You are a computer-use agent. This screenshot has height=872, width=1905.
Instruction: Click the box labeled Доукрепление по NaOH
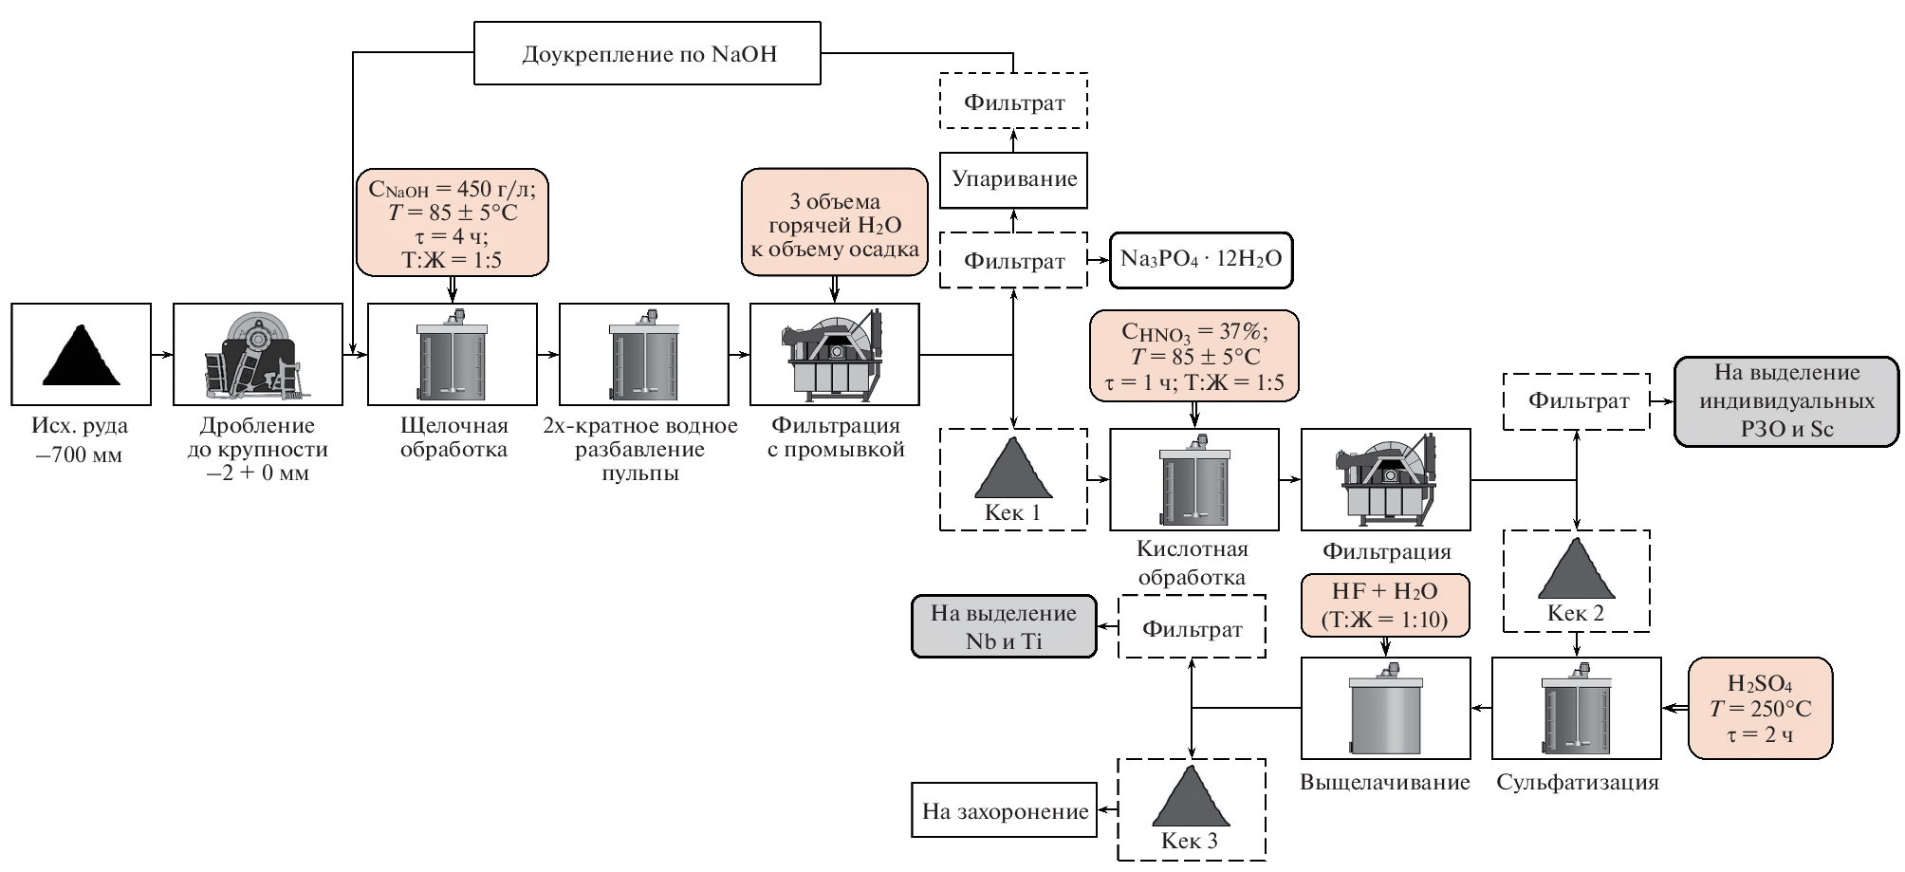(x=647, y=54)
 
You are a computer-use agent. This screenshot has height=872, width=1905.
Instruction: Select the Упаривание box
(x=1013, y=179)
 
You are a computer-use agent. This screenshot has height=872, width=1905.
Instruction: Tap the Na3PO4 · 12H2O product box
(x=1201, y=259)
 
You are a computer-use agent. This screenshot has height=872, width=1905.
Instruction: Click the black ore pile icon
(x=82, y=355)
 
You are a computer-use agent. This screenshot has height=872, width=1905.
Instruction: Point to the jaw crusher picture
(x=257, y=355)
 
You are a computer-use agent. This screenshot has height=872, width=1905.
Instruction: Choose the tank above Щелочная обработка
(x=453, y=355)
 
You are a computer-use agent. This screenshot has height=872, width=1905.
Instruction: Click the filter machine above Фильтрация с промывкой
(x=834, y=355)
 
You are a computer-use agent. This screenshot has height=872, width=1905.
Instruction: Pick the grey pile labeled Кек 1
(x=1012, y=469)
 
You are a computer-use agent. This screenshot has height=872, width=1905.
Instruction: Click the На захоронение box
(x=1005, y=810)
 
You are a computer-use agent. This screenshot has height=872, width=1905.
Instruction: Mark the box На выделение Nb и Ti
(x=1004, y=626)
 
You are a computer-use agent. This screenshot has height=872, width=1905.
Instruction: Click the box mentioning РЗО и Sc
(x=1786, y=401)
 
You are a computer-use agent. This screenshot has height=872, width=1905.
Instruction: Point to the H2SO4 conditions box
(x=1760, y=708)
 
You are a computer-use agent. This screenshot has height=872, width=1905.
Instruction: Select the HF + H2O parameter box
(x=1384, y=604)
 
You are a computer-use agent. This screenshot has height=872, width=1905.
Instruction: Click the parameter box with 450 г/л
(x=453, y=223)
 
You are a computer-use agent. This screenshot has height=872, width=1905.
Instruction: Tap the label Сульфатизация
(x=1577, y=783)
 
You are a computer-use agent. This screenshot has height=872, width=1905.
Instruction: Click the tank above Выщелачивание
(x=1385, y=708)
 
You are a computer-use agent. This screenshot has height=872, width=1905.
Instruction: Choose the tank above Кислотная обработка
(x=1193, y=479)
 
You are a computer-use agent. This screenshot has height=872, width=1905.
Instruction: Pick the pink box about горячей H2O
(x=834, y=223)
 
